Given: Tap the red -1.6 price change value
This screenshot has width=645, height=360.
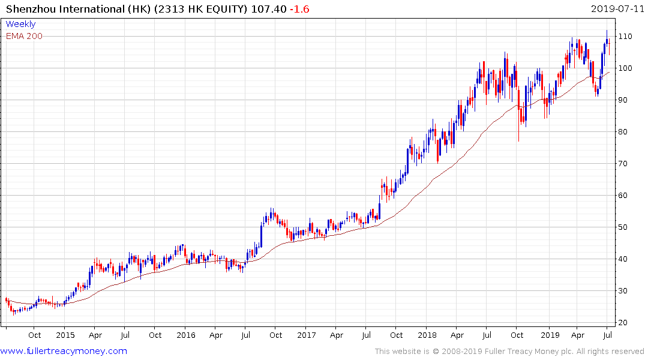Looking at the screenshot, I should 300,8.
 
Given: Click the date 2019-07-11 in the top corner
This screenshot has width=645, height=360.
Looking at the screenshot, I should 616,8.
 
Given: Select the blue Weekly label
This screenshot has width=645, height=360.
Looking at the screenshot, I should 20,24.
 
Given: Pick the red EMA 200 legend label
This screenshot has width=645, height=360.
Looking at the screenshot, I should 24,36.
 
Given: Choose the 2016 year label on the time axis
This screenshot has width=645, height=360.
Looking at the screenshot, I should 185,335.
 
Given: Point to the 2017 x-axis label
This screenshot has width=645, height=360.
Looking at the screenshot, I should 307,335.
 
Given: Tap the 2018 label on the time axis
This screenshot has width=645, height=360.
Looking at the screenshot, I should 427,335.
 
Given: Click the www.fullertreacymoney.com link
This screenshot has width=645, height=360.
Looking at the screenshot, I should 64,351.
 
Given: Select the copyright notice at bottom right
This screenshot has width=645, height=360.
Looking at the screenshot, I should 509,351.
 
